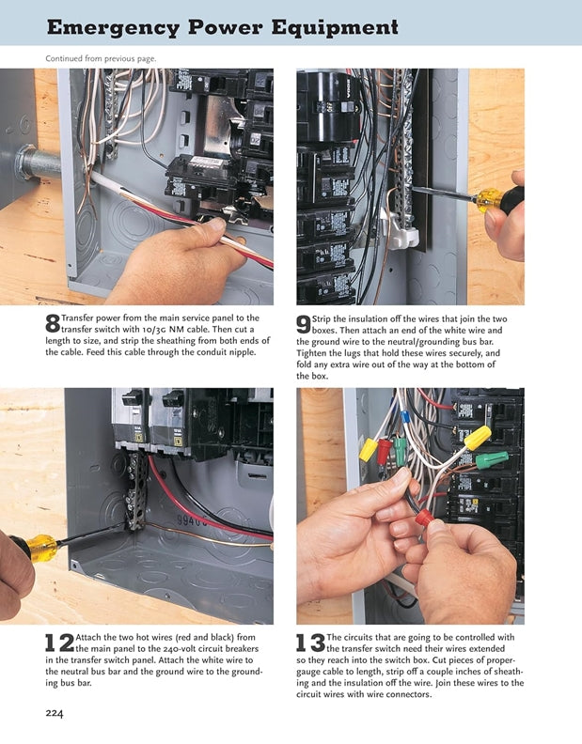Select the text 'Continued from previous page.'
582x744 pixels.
[101, 58]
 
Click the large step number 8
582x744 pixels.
[53, 324]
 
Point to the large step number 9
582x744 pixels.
[304, 324]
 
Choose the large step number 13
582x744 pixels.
[309, 643]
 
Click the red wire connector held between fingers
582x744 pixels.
[425, 518]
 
